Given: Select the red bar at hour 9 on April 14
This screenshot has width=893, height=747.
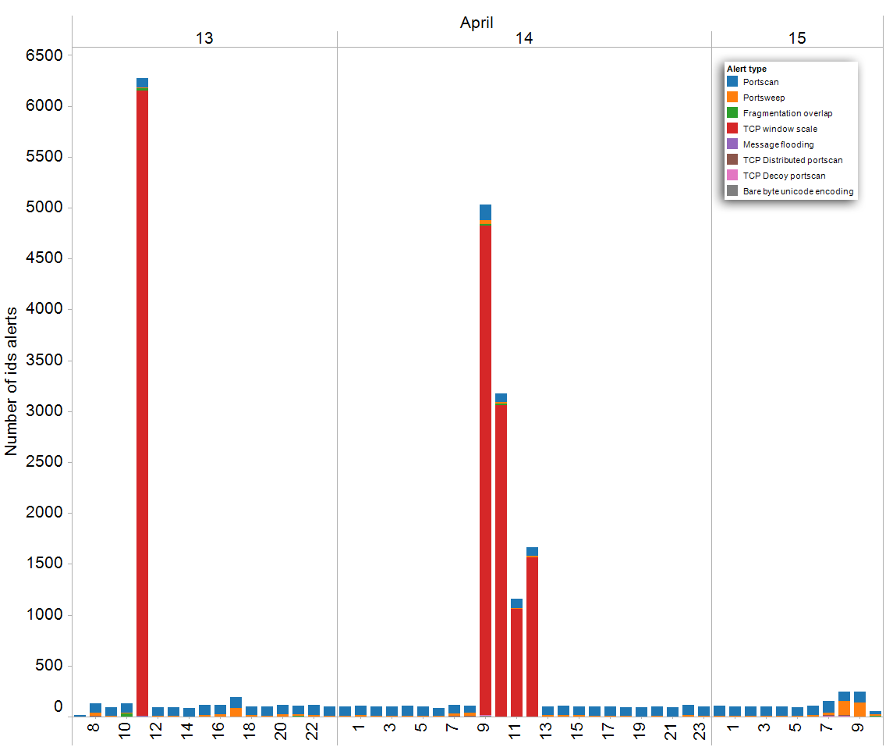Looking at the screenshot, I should click(x=485, y=468).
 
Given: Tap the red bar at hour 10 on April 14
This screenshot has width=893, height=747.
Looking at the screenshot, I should click(x=501, y=558).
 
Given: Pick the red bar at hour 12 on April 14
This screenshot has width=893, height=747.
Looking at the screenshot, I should click(x=532, y=636).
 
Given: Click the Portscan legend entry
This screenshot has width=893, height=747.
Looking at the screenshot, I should click(x=760, y=82).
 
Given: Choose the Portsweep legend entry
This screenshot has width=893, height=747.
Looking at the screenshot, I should click(x=764, y=98).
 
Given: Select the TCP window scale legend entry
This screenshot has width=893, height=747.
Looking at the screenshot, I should click(x=780, y=129).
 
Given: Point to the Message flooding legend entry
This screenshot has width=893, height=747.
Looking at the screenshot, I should click(x=778, y=144).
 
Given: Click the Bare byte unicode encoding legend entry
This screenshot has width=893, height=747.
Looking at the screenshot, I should click(x=798, y=191).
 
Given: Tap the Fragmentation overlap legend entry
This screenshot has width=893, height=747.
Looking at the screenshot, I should click(x=788, y=113).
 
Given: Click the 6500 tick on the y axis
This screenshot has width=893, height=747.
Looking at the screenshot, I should click(x=44, y=55).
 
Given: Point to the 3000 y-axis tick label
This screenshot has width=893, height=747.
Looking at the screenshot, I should click(x=44, y=412).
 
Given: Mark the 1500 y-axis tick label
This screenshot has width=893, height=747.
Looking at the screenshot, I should click(x=44, y=564).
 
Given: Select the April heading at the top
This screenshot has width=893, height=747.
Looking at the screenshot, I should click(x=477, y=23).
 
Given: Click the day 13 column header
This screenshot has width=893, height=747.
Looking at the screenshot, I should click(x=204, y=39).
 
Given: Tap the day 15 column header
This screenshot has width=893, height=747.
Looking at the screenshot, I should click(x=797, y=39).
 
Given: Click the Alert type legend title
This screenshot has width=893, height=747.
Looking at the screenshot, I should click(x=746, y=69).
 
